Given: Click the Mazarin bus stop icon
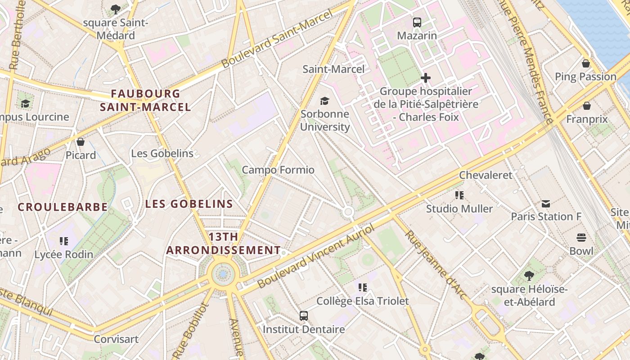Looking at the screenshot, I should pyautogui.click(x=417, y=22).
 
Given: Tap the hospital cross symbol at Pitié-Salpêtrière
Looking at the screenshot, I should pyautogui.click(x=425, y=78).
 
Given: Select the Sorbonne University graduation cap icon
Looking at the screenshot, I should pyautogui.click(x=324, y=101).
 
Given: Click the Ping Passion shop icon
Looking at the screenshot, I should pyautogui.click(x=586, y=63).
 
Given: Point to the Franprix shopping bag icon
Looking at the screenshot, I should pyautogui.click(x=587, y=106).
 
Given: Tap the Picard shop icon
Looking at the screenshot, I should pyautogui.click(x=81, y=142).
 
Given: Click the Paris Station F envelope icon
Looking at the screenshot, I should pyautogui.click(x=546, y=204).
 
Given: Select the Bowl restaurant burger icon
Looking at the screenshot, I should pyautogui.click(x=581, y=238).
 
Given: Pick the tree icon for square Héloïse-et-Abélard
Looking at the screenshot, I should pyautogui.click(x=529, y=275).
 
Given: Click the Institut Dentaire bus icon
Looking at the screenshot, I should pyautogui.click(x=304, y=316).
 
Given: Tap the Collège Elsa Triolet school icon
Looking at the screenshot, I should pyautogui.click(x=363, y=288).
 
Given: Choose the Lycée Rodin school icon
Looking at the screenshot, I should pyautogui.click(x=64, y=241).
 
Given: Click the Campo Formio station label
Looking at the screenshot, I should pyautogui.click(x=278, y=170).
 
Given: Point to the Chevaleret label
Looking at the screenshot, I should pyautogui.click(x=486, y=175).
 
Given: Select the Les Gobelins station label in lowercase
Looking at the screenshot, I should pyautogui.click(x=162, y=153).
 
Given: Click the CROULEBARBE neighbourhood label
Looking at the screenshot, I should pyautogui.click(x=63, y=207).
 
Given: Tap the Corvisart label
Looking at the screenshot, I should pyautogui.click(x=116, y=339).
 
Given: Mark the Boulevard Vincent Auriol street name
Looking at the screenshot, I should pyautogui.click(x=316, y=257).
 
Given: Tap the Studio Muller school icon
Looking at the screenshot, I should pyautogui.click(x=459, y=195).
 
